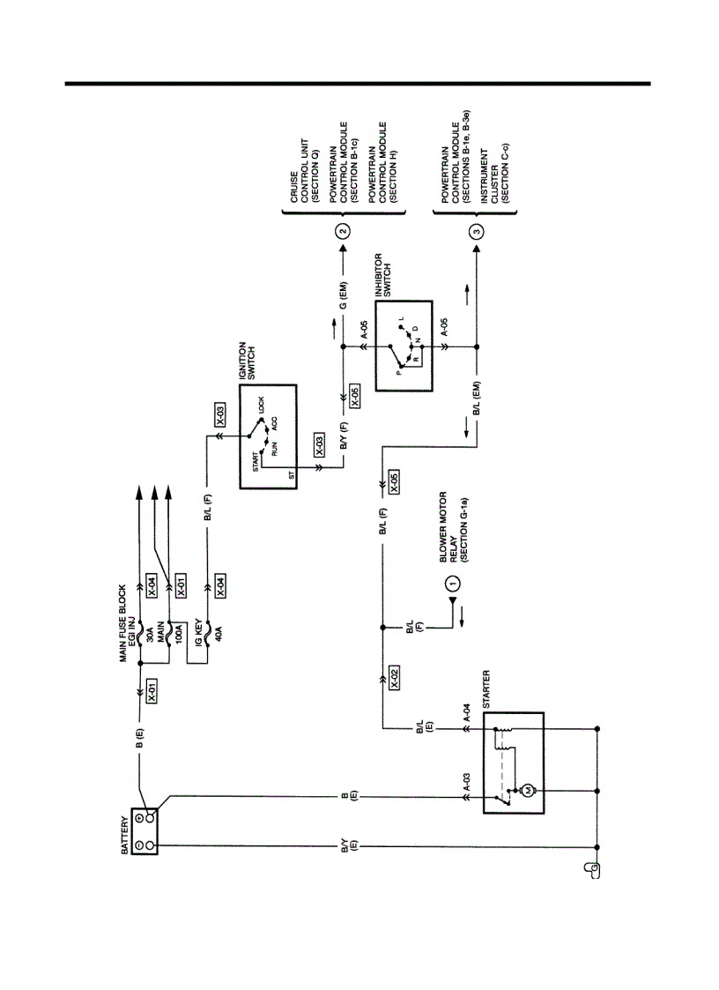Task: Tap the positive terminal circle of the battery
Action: (151, 817)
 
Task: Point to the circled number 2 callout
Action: (344, 233)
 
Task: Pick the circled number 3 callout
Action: (477, 233)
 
